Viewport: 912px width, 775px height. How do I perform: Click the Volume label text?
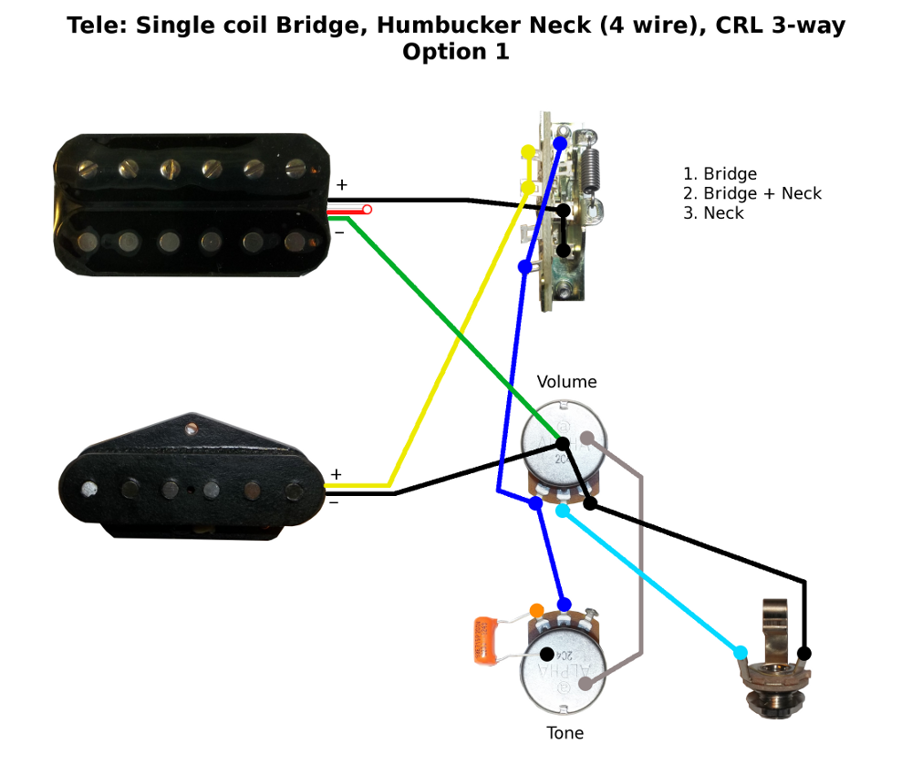(566, 381)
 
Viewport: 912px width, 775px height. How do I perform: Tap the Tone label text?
(565, 732)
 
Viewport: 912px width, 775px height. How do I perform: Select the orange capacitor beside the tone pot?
(484, 639)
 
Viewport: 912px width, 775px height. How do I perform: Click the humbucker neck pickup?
(191, 204)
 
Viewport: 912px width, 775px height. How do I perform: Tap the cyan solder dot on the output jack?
(740, 652)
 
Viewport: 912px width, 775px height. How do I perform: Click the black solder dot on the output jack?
(804, 653)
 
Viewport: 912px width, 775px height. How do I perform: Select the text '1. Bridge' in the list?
(720, 173)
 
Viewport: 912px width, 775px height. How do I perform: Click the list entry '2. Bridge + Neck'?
(751, 193)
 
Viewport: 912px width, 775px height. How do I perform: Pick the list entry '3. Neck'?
(713, 213)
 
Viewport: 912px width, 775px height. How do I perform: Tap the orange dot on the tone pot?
(536, 610)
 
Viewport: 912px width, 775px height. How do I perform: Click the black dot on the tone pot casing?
(546, 654)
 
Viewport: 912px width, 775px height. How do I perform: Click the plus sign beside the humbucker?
(341, 185)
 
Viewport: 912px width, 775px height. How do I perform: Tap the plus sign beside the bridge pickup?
(336, 474)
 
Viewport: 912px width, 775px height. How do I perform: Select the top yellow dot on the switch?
(528, 151)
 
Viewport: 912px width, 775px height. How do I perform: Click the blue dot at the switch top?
(559, 143)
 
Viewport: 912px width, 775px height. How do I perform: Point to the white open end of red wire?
(367, 210)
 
